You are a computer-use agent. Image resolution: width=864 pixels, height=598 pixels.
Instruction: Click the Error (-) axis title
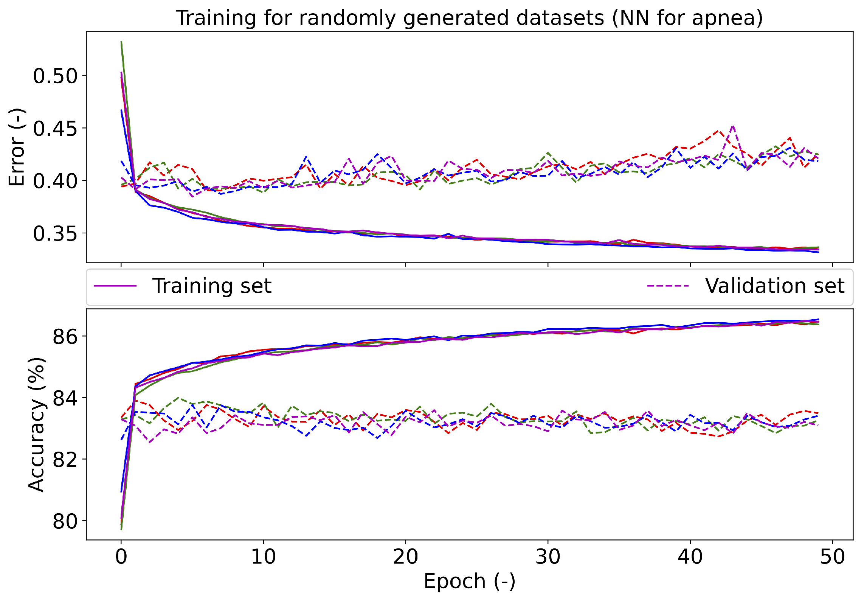point(17,147)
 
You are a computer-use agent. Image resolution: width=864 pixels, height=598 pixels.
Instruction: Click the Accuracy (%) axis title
point(37,424)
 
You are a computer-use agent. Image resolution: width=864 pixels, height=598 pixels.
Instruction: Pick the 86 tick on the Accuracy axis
point(65,336)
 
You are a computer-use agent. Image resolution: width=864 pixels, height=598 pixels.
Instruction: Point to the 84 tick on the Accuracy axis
point(65,398)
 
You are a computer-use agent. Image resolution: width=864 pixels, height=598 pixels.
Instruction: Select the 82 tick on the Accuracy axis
point(65,459)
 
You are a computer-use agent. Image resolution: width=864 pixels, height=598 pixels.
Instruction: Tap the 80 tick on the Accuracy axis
point(65,521)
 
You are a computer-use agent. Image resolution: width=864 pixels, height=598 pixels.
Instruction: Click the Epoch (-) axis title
point(469,581)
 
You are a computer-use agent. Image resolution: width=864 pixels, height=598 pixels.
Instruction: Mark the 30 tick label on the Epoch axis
point(548,557)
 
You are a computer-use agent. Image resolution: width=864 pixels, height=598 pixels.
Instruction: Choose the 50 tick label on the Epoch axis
point(832,557)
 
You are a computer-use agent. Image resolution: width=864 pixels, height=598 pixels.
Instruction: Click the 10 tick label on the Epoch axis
point(263,557)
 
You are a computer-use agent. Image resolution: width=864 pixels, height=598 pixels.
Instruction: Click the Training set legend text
point(212,286)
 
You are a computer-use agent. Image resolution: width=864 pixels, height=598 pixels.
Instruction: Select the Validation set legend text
point(774,286)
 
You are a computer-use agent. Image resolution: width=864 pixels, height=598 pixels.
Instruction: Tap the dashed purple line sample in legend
point(668,286)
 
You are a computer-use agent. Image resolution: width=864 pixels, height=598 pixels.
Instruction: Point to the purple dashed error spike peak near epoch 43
point(733,126)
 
